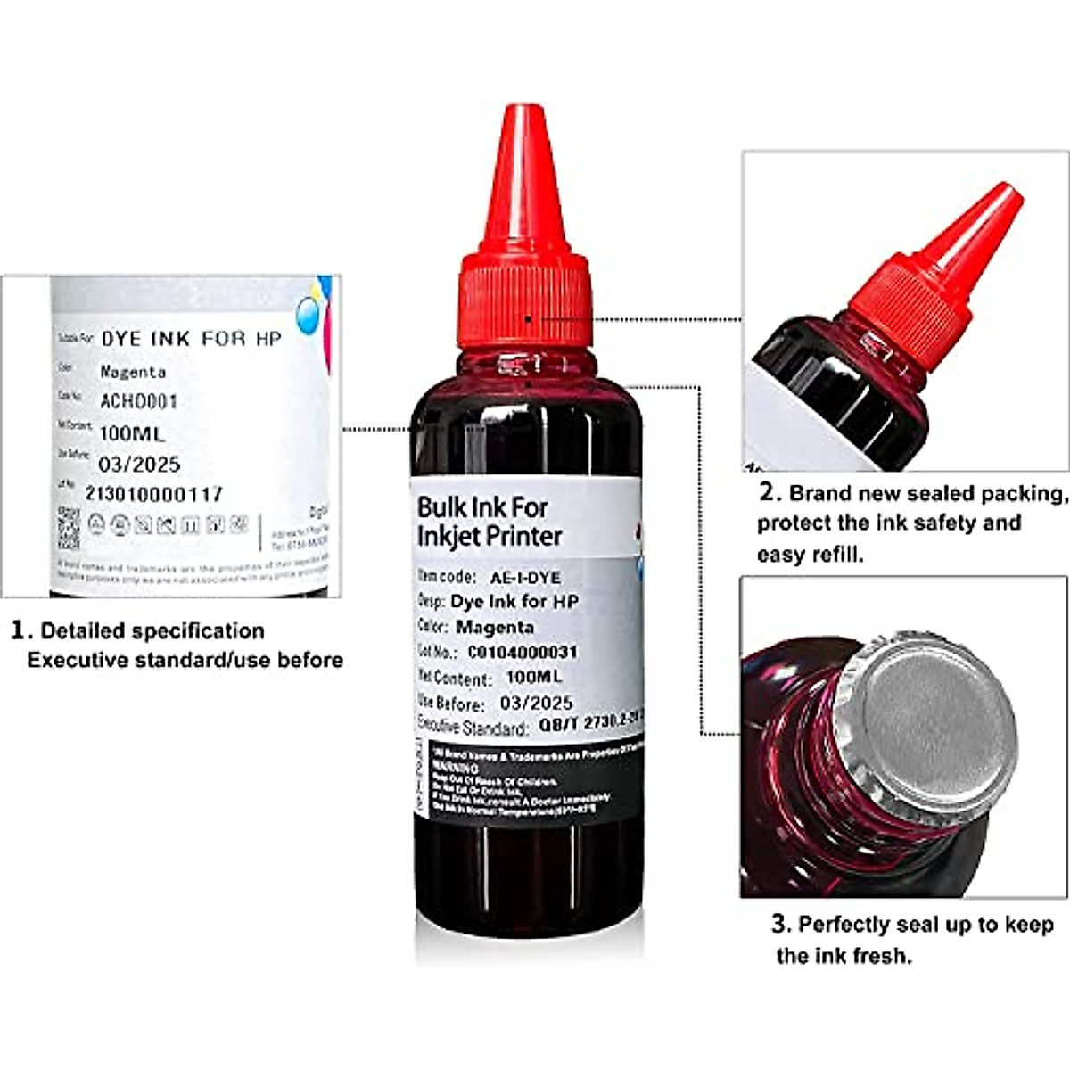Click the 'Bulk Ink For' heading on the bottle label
pos(482,507)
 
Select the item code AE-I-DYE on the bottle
pos(525,578)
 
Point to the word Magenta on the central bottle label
pos(494,627)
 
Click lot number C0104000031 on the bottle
pos(523,653)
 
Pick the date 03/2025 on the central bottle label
pos(536,703)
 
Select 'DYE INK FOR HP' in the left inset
pos(191,339)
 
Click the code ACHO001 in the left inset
pos(138,401)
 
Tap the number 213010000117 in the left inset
pos(153,493)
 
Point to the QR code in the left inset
pos(69,528)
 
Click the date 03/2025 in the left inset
pos(139,464)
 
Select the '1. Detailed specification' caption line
pos(138,630)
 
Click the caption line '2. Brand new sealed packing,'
pos(913,493)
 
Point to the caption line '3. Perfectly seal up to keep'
pos(913,925)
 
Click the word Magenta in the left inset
pos(133,371)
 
